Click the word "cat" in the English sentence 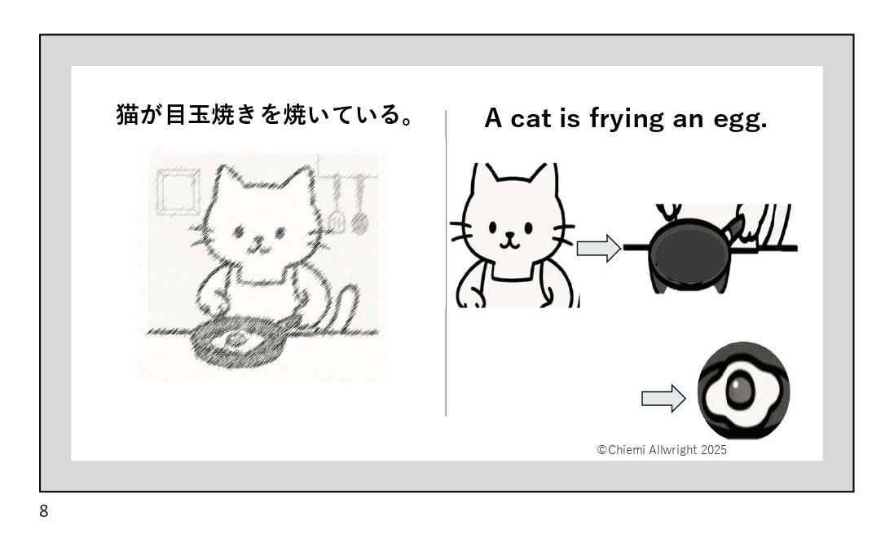tap(531, 119)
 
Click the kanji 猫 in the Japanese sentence tap(128, 114)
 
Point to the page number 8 tap(44, 510)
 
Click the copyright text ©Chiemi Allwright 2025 tap(662, 449)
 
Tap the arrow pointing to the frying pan tap(599, 248)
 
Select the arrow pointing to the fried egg tap(663, 398)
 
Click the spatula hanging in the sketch tap(337, 205)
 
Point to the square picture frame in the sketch tap(178, 192)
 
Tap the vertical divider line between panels tap(446, 263)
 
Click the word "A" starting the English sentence tap(493, 119)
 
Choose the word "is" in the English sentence tap(570, 118)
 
